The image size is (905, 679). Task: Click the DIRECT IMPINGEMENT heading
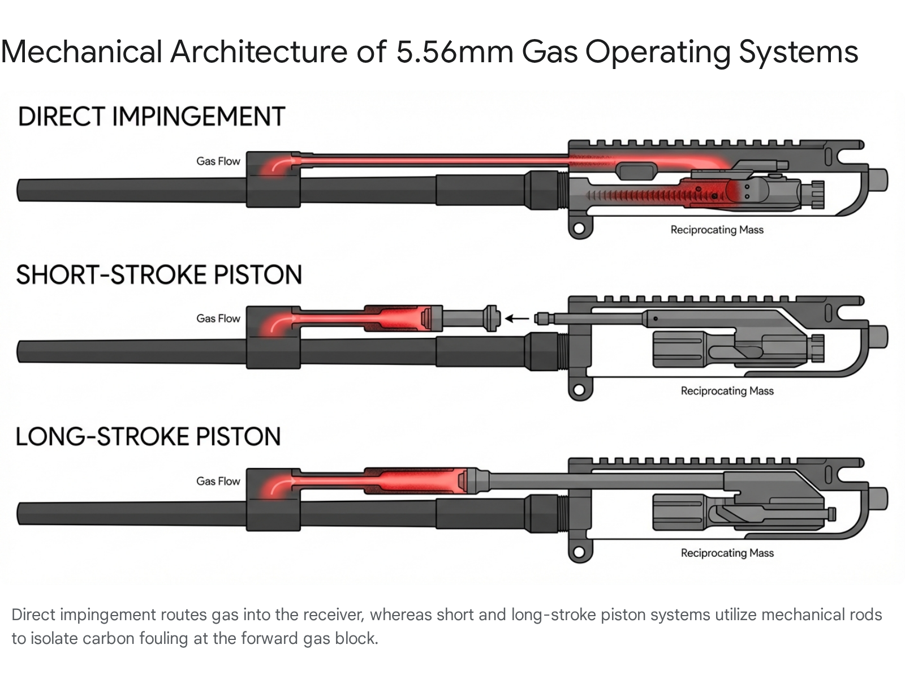click(152, 117)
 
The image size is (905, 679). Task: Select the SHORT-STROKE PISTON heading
click(159, 275)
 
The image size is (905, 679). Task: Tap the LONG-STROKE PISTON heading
click(148, 437)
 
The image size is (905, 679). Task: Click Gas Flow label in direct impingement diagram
click(218, 161)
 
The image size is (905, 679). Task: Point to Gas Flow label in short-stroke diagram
click(218, 319)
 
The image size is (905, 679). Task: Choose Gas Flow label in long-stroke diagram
click(218, 482)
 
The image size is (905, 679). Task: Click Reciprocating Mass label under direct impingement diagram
click(717, 230)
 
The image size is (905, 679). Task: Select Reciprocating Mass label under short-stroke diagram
click(727, 391)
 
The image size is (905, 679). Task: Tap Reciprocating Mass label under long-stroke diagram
click(727, 553)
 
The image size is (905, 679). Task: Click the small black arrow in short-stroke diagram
click(516, 319)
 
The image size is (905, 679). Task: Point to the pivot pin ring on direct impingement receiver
click(579, 229)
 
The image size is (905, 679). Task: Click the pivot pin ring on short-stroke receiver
click(579, 390)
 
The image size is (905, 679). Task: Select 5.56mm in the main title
click(454, 52)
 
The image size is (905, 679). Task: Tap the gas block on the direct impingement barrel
click(273, 179)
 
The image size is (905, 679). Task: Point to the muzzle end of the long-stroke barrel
click(23, 513)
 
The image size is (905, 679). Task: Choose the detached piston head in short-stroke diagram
click(490, 318)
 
